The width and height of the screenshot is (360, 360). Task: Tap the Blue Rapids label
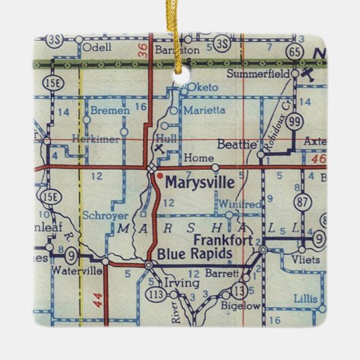coord(192,253)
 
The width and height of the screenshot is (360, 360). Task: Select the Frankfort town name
coord(222,240)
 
